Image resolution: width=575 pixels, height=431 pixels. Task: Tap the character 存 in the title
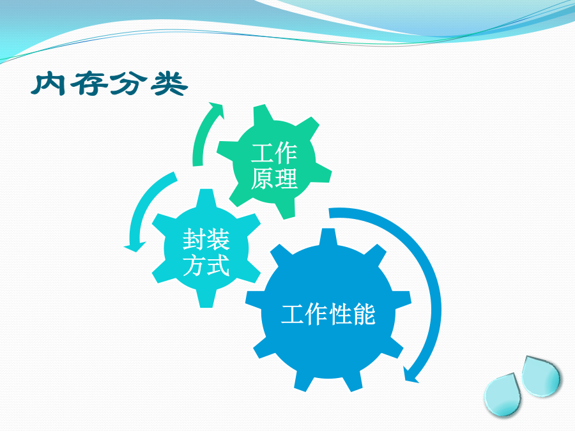(89, 84)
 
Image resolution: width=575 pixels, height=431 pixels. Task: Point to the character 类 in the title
(169, 84)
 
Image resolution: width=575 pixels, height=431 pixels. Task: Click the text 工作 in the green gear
(274, 153)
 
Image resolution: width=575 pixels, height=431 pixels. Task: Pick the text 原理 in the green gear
(274, 179)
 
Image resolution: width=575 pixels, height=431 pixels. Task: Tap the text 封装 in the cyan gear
(206, 239)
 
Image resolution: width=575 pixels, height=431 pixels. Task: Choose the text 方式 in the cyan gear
(206, 264)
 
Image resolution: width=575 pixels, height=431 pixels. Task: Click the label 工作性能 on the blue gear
(328, 314)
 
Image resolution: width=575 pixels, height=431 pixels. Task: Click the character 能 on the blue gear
(364, 314)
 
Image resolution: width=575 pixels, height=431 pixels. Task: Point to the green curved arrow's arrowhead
(217, 110)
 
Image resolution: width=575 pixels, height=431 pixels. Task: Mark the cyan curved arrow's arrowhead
(135, 246)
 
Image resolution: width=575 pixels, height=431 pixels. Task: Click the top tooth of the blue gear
(328, 237)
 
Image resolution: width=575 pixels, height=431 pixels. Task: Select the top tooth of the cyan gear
(206, 198)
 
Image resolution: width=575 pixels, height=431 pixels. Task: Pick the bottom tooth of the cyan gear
(206, 299)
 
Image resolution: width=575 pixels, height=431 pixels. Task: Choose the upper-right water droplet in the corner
(541, 376)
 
